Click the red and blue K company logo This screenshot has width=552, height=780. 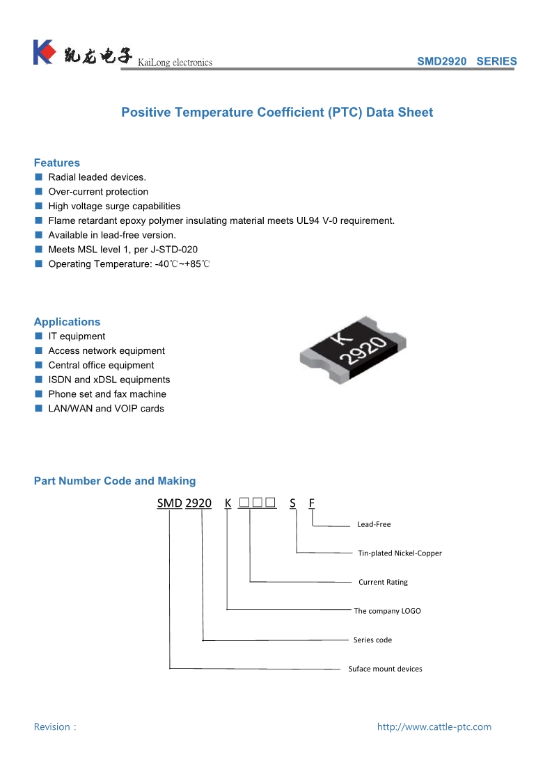click(x=43, y=52)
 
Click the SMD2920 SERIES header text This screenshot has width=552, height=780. click(x=466, y=61)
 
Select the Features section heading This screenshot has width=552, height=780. click(x=57, y=163)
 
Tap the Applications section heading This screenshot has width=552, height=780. click(x=67, y=322)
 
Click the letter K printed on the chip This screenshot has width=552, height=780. click(x=341, y=339)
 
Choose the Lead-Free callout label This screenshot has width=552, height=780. click(x=374, y=524)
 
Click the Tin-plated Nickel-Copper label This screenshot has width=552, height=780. click(x=400, y=553)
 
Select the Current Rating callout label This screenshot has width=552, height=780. click(x=383, y=582)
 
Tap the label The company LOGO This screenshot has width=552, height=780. click(x=387, y=611)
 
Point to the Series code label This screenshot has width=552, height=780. click(x=372, y=640)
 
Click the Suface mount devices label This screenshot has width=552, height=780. click(x=385, y=669)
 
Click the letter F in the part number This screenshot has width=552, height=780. click(x=312, y=503)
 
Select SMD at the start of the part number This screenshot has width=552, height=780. click(x=169, y=503)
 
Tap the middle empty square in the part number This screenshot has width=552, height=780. click(x=258, y=502)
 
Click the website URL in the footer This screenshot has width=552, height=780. click(x=434, y=727)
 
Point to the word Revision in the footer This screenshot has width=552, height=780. click(x=52, y=727)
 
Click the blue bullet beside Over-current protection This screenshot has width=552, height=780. click(x=39, y=192)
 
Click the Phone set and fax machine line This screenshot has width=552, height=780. click(x=107, y=394)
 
